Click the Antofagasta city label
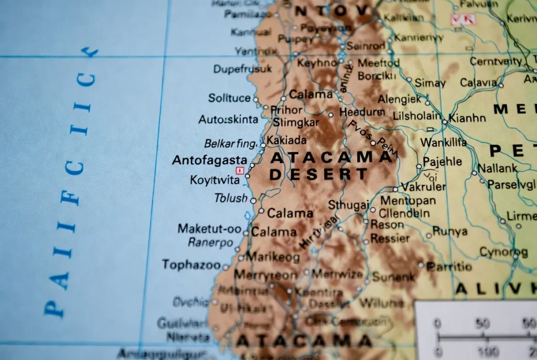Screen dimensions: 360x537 click(209, 160)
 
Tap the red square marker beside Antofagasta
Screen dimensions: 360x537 click(240, 170)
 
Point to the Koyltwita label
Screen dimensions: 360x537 click(214, 180)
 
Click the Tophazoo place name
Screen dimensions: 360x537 click(191, 265)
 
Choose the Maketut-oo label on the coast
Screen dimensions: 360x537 click(209, 228)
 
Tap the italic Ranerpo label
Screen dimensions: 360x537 click(210, 243)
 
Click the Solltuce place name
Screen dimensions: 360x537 click(229, 98)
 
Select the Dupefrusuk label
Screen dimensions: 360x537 click(242, 69)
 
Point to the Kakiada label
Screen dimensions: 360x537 click(286, 140)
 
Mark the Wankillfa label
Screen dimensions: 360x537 click(443, 142)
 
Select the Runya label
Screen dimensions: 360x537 click(449, 231)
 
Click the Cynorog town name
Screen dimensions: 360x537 click(503, 252)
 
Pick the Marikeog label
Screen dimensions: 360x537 click(273, 257)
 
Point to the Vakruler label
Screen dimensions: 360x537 click(424, 187)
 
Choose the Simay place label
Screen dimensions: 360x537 click(429, 83)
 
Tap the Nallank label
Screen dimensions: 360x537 click(497, 168)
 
